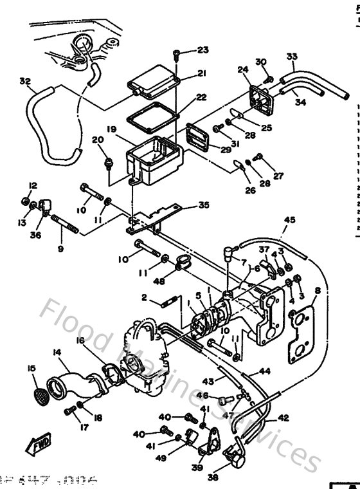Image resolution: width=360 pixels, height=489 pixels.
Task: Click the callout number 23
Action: [x=203, y=50]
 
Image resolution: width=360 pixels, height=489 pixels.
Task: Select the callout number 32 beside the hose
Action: [x=25, y=82]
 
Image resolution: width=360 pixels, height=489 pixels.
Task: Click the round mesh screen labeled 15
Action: [x=39, y=391]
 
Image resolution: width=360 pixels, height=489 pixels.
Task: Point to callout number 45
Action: [x=289, y=221]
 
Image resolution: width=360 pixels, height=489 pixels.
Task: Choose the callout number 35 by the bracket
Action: [x=204, y=206]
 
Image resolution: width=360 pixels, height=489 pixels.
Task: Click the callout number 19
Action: [x=111, y=129]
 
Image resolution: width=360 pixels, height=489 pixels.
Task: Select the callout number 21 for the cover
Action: [x=201, y=73]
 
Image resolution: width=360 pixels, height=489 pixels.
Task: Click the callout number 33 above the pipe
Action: [x=292, y=57]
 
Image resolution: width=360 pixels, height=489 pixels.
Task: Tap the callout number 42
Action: [x=283, y=417]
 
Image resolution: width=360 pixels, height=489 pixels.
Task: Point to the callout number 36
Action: [x=35, y=235]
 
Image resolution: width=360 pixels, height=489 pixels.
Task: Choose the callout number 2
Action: [x=145, y=297]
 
